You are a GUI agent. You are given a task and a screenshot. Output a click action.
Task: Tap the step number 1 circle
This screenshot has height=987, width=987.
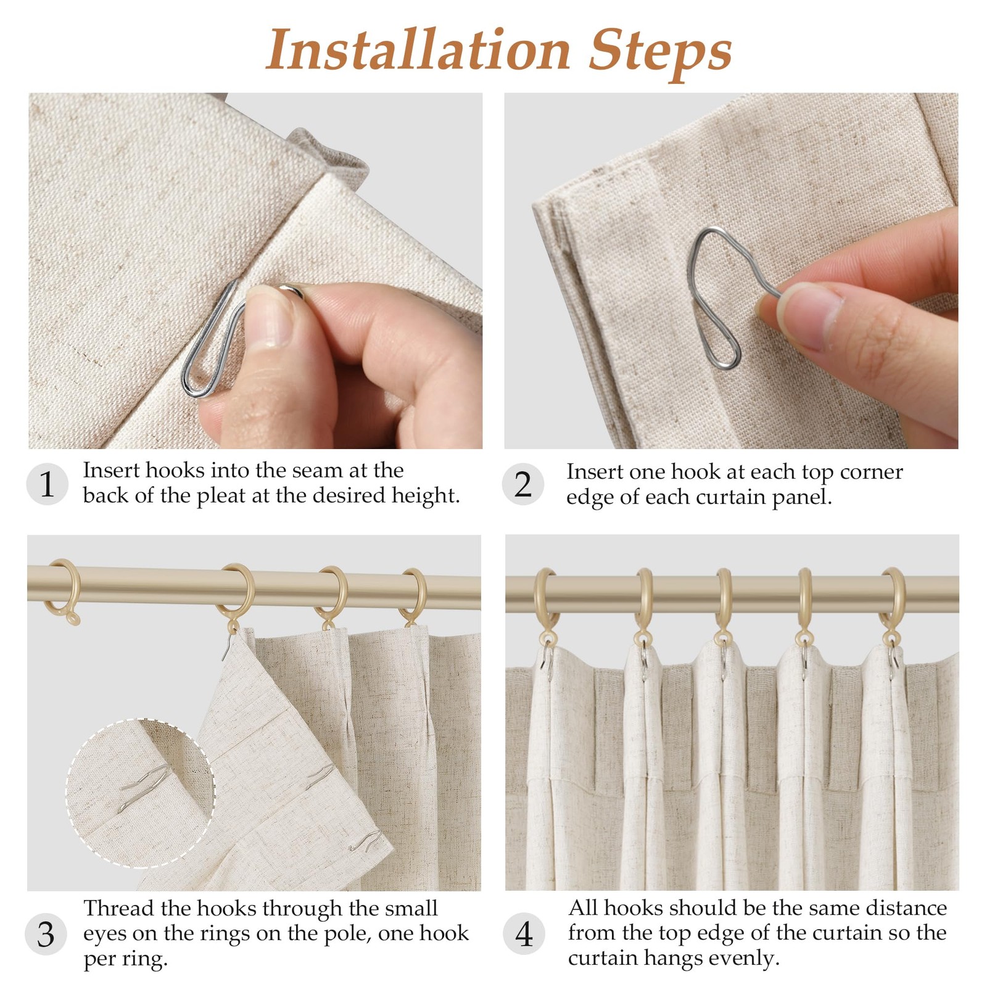pos(47,484)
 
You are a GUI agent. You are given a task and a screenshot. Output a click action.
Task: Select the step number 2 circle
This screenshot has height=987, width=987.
pos(523,484)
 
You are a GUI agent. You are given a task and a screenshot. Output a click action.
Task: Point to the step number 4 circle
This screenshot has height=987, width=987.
pos(524,934)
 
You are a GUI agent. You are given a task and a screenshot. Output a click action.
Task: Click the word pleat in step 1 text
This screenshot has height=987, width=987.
pos(221,496)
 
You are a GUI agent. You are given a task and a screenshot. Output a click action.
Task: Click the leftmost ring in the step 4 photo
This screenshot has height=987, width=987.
pos(545,608)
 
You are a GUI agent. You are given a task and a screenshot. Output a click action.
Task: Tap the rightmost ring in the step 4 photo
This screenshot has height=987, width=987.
pos(893,608)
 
